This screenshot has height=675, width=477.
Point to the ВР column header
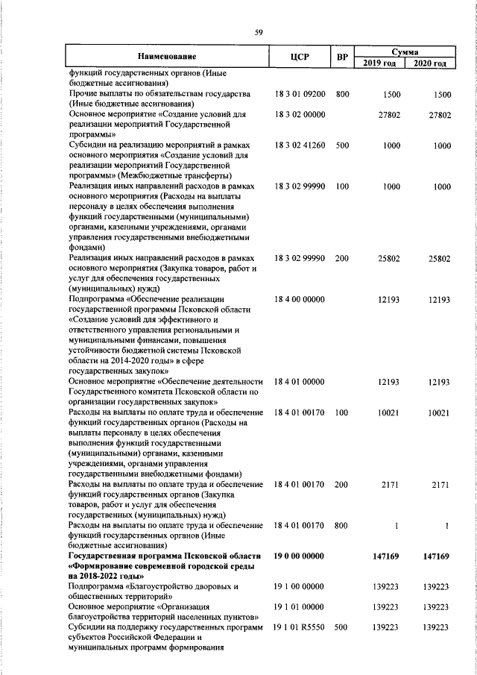click(x=342, y=57)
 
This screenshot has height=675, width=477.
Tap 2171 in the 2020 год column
click(x=440, y=485)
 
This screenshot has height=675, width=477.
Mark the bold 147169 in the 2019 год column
click(x=387, y=556)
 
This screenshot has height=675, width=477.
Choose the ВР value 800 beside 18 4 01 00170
click(x=342, y=526)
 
